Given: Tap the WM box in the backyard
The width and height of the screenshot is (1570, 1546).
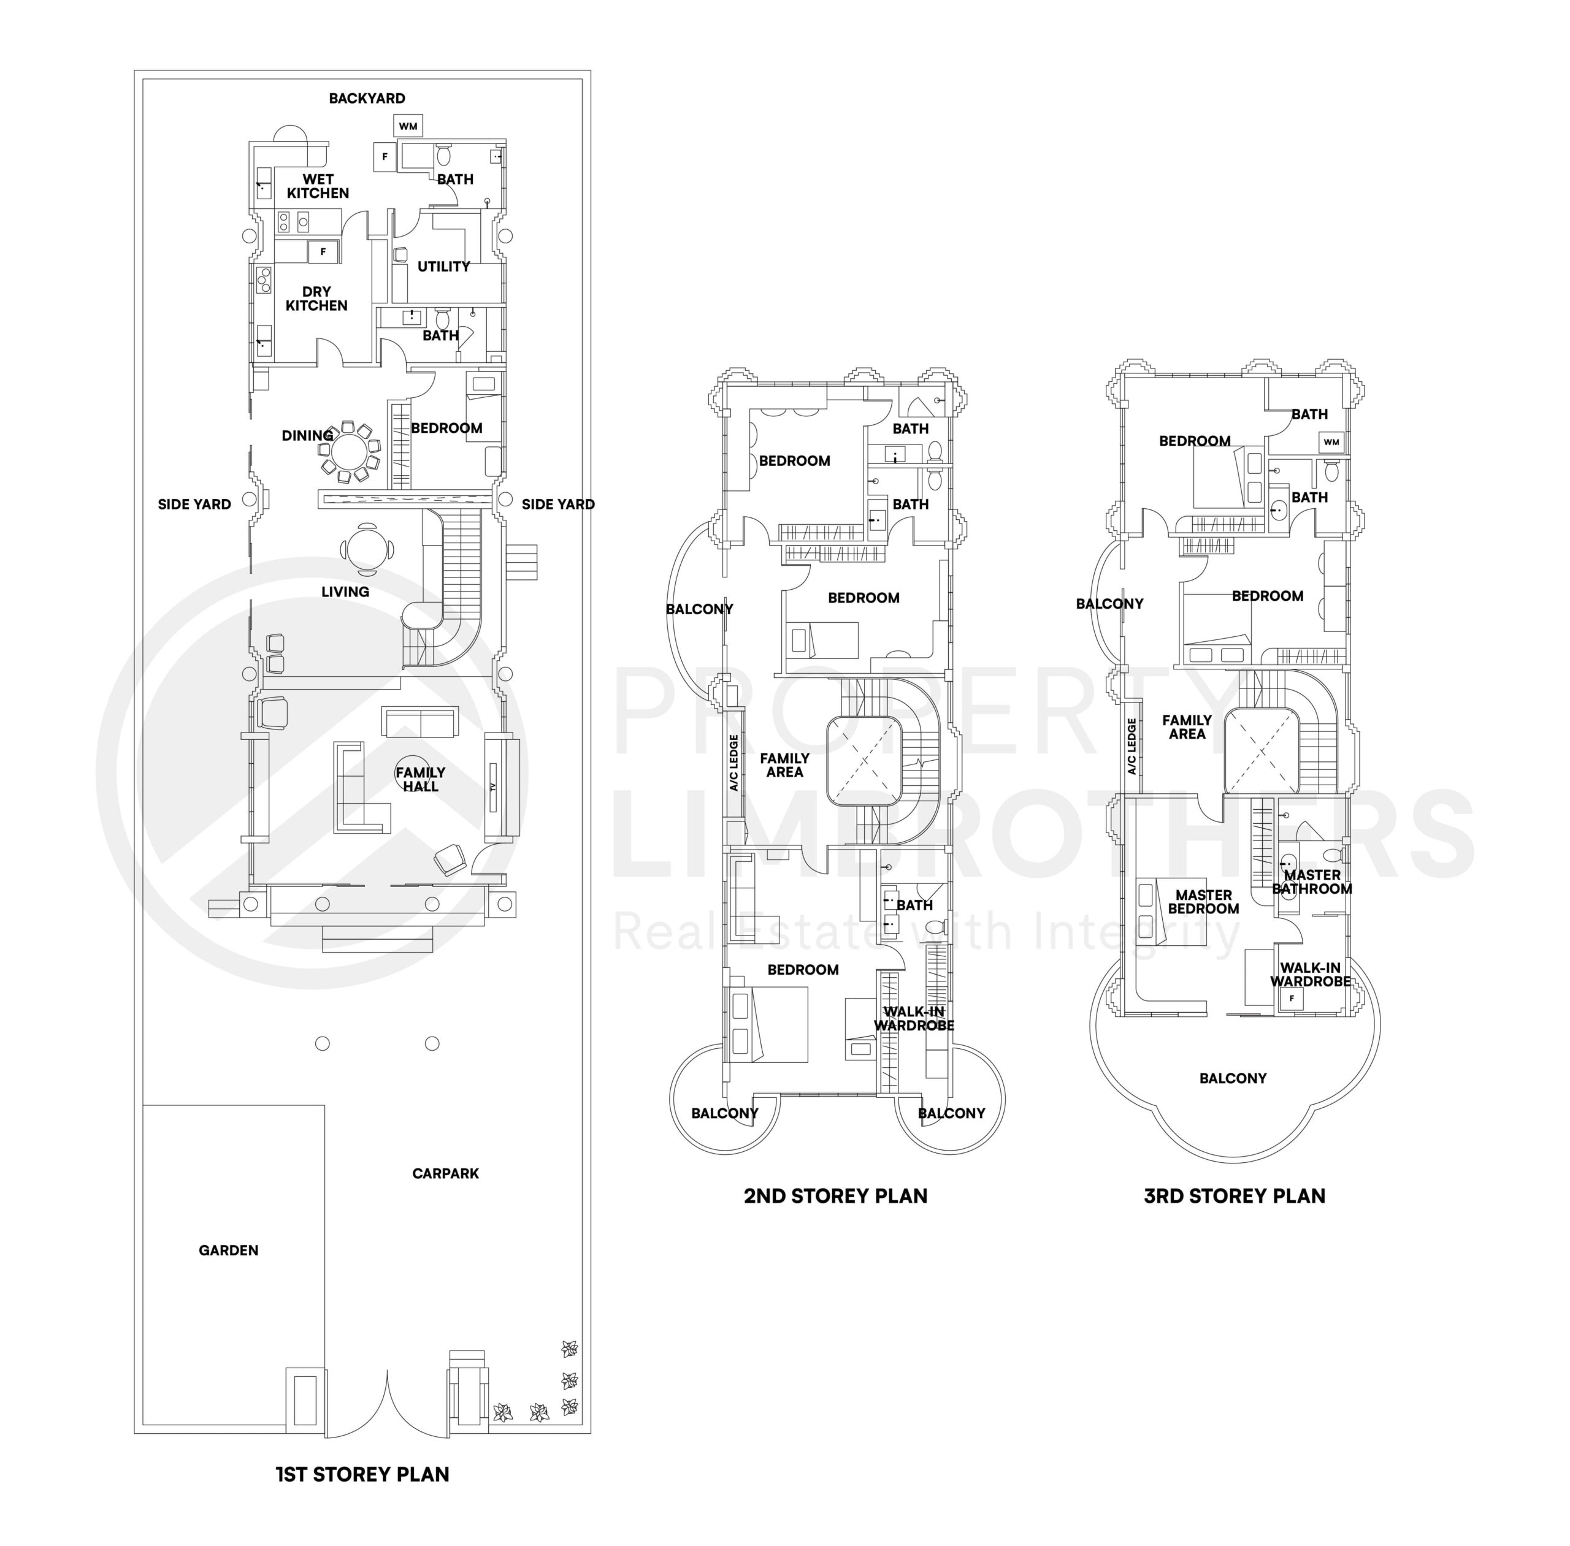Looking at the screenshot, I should pos(408,126).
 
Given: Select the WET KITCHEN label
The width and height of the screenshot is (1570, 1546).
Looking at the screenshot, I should pos(318,186).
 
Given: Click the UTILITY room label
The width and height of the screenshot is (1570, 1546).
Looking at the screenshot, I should pos(443,266).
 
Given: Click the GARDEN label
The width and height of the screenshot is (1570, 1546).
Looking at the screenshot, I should pos(228,1250).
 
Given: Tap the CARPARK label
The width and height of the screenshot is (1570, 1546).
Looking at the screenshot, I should pos(445,1173).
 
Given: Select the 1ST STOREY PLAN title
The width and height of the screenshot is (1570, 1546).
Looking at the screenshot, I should pos(362,1474).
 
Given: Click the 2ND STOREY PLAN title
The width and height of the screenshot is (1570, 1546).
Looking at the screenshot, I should pos(835,1195).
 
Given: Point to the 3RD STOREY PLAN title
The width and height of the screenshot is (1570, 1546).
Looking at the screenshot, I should pos(1234,1195).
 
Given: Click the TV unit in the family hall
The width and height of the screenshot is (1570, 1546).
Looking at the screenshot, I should pos(493,786).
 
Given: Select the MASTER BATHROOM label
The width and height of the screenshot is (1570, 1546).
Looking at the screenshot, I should pos(1312,881).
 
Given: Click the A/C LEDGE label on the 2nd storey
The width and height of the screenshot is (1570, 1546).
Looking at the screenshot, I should pos(733,763).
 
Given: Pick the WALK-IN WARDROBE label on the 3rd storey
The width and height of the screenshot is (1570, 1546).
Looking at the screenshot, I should pos(1310,973).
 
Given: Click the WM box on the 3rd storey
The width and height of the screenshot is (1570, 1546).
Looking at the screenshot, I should pos(1330,442).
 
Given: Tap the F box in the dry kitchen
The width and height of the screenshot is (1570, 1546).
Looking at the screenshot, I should pos(323,252).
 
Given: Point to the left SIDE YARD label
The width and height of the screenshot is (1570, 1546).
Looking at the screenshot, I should pos(194,505).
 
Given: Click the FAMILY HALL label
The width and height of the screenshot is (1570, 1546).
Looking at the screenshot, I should pos(420,779).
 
